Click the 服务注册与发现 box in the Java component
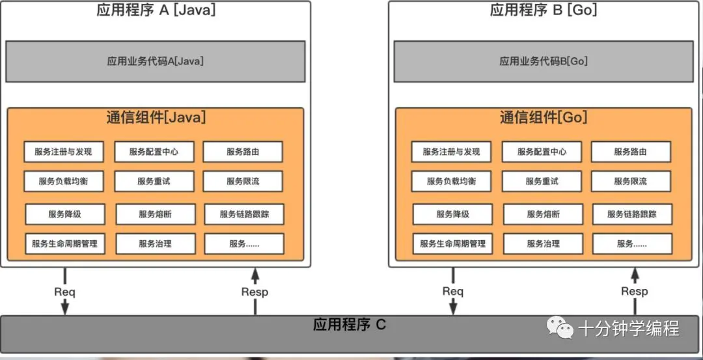point(64,152)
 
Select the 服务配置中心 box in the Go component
point(542,152)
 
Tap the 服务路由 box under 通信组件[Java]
point(243,152)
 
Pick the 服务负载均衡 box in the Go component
point(452,181)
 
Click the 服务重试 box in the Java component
point(154,181)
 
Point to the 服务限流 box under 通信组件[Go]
point(631,181)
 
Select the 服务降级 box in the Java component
point(65,214)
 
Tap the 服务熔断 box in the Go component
point(544,214)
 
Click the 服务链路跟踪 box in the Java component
point(244,214)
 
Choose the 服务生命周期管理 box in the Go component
point(453,244)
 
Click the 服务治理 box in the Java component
point(156,244)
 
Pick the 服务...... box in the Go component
point(632,244)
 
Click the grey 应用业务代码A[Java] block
point(155,61)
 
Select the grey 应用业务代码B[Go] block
point(544,61)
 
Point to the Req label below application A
point(65,292)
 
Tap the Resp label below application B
point(635,292)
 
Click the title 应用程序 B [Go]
point(544,9)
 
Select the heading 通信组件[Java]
point(156,117)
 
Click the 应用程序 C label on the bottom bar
point(350,325)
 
